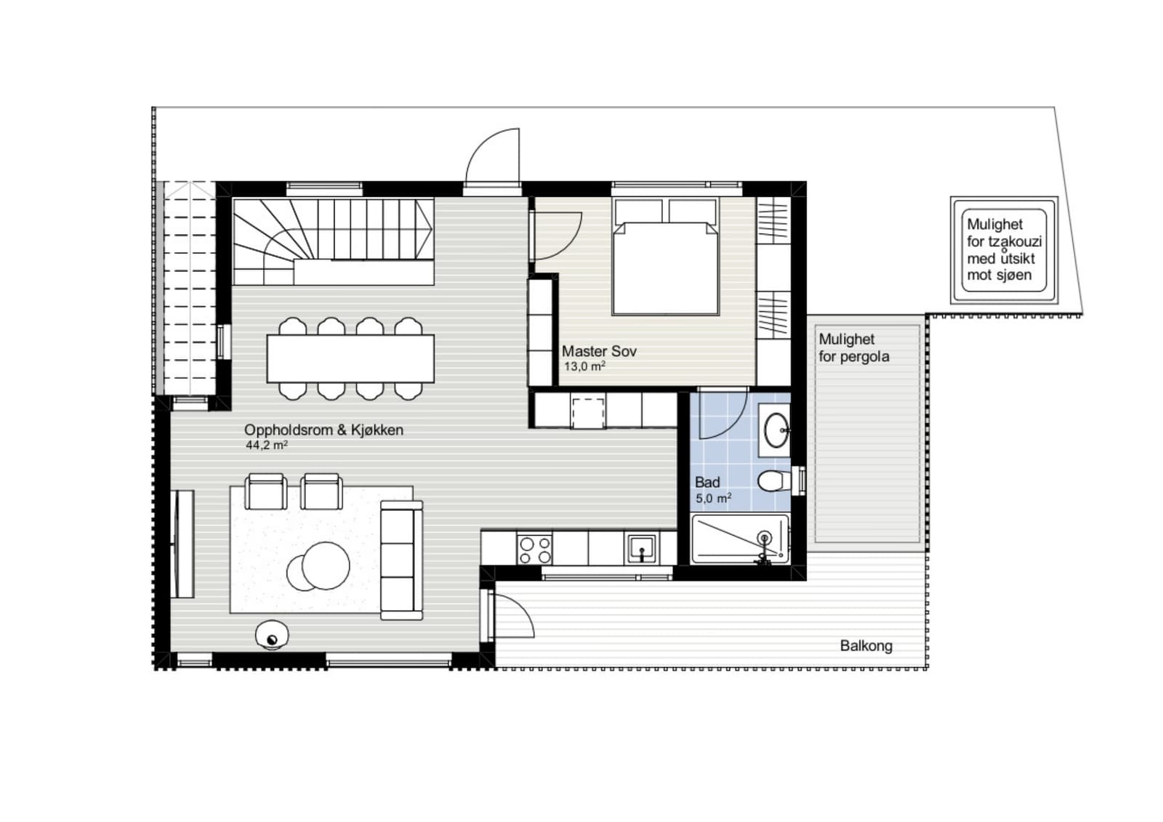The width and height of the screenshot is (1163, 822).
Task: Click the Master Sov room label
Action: pyautogui.click(x=599, y=352)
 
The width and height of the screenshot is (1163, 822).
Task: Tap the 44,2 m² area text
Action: pyautogui.click(x=267, y=445)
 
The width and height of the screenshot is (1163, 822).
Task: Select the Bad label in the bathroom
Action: pyautogui.click(x=707, y=483)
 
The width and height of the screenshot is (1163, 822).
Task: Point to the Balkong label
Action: pyautogui.click(x=866, y=646)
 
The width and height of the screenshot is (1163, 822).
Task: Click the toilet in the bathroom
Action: pyautogui.click(x=774, y=481)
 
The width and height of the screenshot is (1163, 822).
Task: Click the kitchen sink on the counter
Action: pyautogui.click(x=643, y=548)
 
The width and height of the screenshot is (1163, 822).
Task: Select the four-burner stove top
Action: pyautogui.click(x=535, y=550)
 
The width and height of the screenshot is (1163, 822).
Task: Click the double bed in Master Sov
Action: pyautogui.click(x=666, y=257)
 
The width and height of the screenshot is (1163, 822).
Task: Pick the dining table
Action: pyautogui.click(x=350, y=359)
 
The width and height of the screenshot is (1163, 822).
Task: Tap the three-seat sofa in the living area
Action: pyautogui.click(x=401, y=560)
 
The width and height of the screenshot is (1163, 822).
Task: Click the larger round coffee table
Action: pyautogui.click(x=326, y=565)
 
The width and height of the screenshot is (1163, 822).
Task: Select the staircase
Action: pyautogui.click(x=333, y=242)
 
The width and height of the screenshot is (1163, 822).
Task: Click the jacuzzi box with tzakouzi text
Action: pyautogui.click(x=1004, y=250)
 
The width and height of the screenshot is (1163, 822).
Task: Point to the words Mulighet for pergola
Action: pyautogui.click(x=853, y=348)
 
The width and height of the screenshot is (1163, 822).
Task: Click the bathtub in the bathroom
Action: pyautogui.click(x=740, y=539)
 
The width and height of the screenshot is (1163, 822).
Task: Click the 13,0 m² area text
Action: pyautogui.click(x=584, y=366)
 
